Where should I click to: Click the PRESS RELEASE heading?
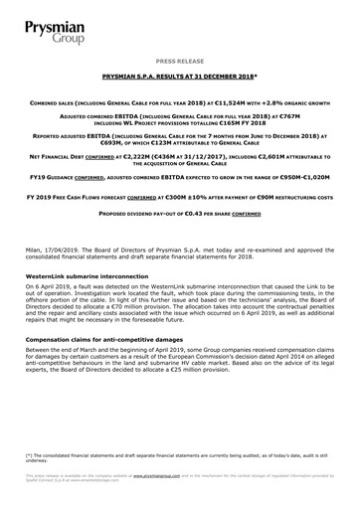[x=180, y=60]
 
